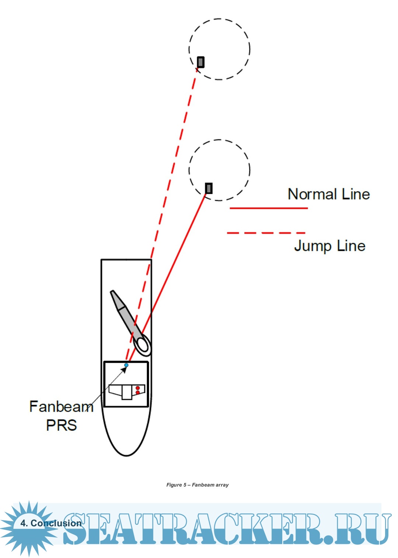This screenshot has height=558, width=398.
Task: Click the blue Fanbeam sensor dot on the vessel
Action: point(126,365)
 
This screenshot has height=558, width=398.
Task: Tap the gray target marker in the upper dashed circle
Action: point(200,62)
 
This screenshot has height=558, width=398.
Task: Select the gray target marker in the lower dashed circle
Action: point(209,188)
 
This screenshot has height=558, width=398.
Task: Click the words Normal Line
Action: point(328,194)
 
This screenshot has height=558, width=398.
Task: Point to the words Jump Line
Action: point(329,246)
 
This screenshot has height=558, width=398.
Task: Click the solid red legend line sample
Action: point(268,208)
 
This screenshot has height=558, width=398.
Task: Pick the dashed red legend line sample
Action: point(266,233)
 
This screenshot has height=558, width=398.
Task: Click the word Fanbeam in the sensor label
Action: point(61,407)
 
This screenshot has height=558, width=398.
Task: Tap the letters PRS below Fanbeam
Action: point(61,425)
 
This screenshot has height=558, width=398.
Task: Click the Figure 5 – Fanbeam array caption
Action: point(198,485)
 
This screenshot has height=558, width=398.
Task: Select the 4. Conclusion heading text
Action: point(51,523)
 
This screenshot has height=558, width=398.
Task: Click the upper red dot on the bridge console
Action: point(137,388)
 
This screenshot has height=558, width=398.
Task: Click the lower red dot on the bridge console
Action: point(137,393)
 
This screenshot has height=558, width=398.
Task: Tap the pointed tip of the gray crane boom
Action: point(112,292)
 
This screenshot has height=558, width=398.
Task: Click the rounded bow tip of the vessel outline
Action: point(126,455)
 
